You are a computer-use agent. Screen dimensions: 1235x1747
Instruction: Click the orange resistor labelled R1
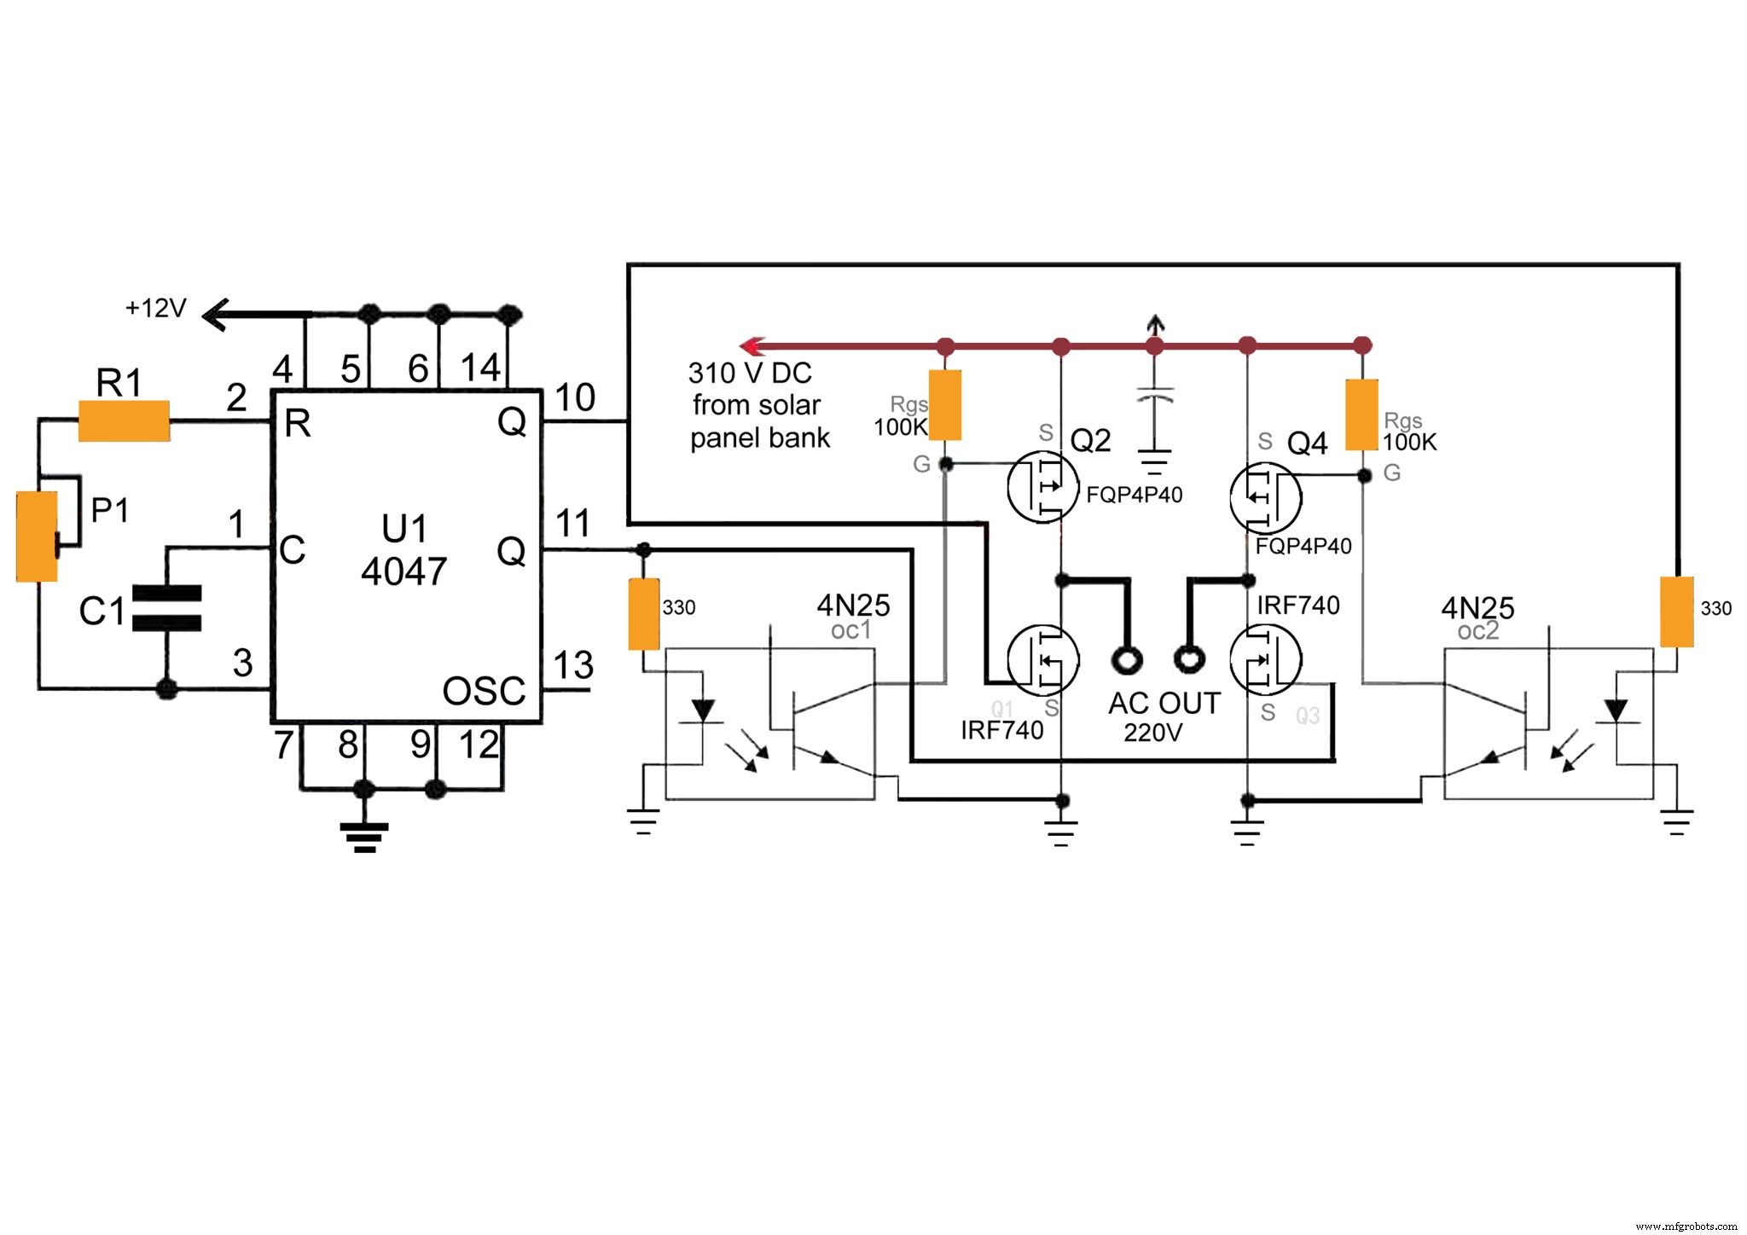coord(124,420)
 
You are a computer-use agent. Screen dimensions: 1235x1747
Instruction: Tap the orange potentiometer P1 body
coord(37,536)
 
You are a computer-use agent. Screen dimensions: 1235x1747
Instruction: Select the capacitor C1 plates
coord(167,608)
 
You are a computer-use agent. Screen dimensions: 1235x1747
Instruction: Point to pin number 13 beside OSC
coord(573,665)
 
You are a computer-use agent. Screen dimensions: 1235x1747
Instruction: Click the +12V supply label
coord(155,308)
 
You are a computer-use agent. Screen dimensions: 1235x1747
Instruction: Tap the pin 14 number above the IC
coord(480,368)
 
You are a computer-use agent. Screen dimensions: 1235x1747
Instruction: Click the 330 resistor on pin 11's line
coord(644,614)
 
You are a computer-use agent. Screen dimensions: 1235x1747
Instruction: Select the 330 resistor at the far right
coord(1676,612)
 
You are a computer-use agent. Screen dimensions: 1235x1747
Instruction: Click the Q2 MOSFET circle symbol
coord(1042,488)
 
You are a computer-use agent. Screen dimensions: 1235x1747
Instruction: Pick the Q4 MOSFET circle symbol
coord(1266,498)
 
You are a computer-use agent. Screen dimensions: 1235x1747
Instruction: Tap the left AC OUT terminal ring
coord(1128,659)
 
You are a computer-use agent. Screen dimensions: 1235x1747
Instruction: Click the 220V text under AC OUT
coord(1152,733)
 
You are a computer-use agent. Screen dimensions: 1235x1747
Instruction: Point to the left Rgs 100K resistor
coord(945,405)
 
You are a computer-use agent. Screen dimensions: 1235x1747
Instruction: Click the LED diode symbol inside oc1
coord(703,710)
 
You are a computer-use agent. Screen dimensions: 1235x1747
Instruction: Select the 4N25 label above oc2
coord(1477,608)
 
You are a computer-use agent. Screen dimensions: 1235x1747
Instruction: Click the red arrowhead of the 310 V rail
coord(751,346)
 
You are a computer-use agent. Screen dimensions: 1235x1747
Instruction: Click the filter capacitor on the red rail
coord(1155,397)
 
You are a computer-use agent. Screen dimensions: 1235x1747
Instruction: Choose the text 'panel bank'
coord(759,438)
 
